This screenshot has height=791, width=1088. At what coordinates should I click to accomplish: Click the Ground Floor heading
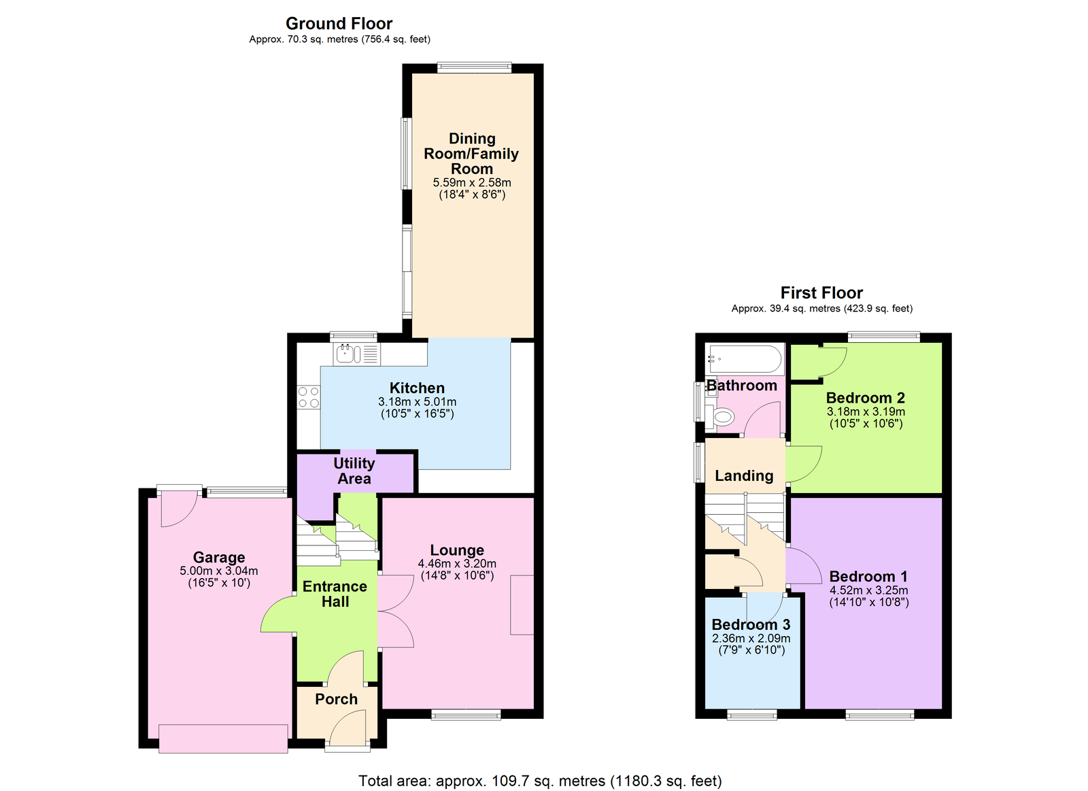tap(339, 24)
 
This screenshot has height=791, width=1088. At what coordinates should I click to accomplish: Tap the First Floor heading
tap(821, 293)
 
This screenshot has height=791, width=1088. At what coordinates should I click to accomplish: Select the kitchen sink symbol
tap(347, 354)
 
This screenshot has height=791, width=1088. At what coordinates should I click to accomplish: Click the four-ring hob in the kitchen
tap(309, 398)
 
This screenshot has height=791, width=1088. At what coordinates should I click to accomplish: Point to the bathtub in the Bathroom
tap(746, 358)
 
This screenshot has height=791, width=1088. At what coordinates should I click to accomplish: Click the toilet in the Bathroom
tap(723, 416)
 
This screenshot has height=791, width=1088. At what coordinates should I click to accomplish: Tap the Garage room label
tap(219, 558)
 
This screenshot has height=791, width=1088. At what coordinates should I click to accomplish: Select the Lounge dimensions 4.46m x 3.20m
tap(457, 564)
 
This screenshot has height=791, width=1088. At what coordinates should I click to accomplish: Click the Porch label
tap(336, 699)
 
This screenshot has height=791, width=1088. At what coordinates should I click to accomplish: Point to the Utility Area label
tap(354, 471)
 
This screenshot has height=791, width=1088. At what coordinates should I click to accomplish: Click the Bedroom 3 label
tap(751, 624)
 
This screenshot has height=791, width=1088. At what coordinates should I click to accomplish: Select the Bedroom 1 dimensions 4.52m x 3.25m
tap(868, 590)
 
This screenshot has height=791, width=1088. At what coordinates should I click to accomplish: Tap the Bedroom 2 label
tap(865, 398)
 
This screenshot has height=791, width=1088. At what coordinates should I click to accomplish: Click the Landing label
tap(744, 476)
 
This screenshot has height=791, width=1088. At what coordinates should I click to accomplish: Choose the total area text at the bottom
tap(540, 781)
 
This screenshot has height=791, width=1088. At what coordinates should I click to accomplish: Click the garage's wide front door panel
tap(223, 739)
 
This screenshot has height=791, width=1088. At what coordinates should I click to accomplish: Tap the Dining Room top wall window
tap(474, 67)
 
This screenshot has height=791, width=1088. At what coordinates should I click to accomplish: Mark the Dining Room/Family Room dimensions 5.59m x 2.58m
tap(472, 182)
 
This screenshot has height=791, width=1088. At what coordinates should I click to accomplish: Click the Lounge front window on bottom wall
tap(466, 714)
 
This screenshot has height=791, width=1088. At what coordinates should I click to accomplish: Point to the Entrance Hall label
tap(335, 594)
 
